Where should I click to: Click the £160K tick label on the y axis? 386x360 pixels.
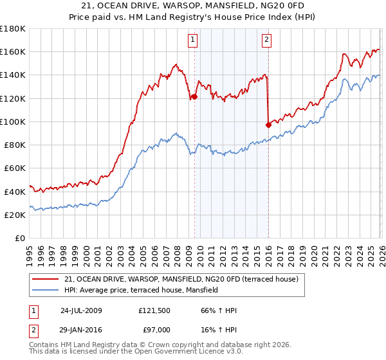[x=13, y=51]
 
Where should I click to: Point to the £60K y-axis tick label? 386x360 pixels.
[x=15, y=168]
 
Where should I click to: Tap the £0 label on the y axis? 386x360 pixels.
[x=21, y=238]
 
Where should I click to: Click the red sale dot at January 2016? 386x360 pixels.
[x=268, y=125]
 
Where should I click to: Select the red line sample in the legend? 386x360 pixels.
[x=46, y=280]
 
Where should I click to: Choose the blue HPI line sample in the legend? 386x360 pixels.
[x=46, y=291]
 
